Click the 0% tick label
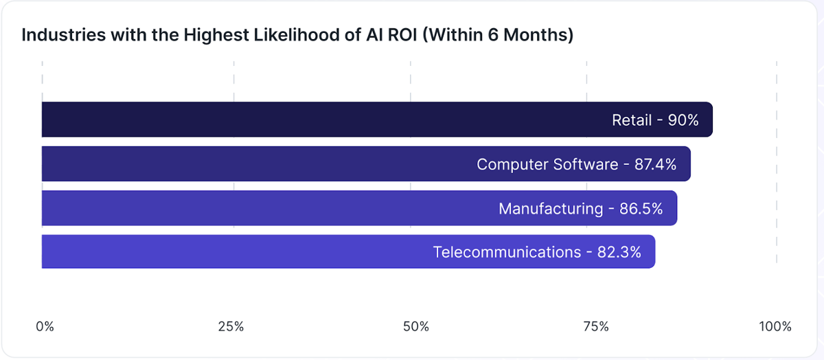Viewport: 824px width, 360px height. [45, 326]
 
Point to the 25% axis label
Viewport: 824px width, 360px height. [231, 326]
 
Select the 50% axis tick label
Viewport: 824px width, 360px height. [415, 326]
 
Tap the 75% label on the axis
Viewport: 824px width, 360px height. [595, 326]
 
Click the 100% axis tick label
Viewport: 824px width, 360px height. [775, 326]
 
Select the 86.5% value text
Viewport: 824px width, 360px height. [641, 208]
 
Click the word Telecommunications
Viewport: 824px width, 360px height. [507, 252]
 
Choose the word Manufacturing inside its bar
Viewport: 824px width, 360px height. [551, 209]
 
